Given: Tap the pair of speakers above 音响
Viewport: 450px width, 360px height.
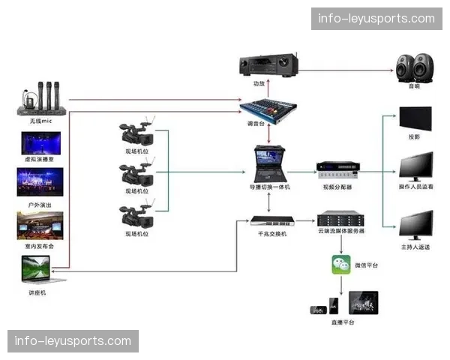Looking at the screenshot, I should point(414,67).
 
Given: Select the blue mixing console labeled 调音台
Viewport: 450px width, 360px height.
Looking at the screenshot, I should point(268,106).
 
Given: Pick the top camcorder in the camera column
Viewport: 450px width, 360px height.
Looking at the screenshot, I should point(138,133).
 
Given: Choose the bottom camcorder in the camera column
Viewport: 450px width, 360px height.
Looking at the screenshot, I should point(138,215).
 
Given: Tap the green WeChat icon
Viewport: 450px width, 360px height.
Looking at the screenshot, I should point(342,265).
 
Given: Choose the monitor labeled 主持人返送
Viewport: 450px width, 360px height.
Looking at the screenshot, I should point(415,225).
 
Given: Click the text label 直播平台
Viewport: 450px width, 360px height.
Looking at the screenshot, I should point(343,322).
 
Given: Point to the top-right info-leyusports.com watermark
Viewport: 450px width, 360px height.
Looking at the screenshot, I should point(376,18).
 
